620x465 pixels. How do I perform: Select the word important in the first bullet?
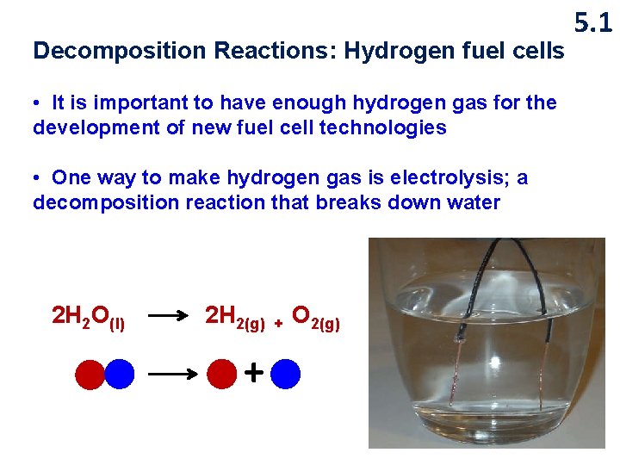149,103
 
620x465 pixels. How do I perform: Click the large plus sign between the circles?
254,373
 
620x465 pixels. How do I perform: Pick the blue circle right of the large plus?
285,374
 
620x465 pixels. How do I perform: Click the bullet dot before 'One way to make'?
38,178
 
